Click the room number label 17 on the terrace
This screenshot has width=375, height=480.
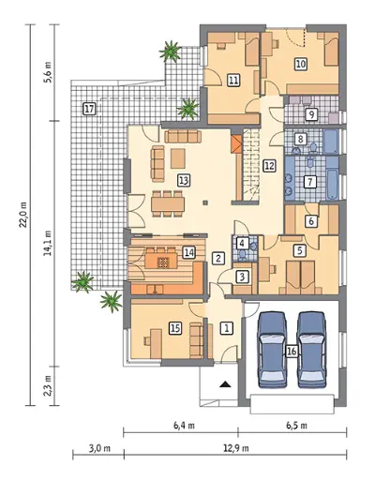click(x=89, y=109)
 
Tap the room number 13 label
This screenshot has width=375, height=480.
click(x=184, y=180)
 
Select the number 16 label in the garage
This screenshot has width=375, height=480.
click(x=292, y=351)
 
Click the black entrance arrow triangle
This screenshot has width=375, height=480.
click(x=225, y=384)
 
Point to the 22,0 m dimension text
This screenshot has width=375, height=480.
click(x=24, y=215)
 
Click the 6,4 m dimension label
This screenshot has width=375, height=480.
click(x=185, y=426)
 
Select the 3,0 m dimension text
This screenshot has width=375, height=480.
click(x=99, y=448)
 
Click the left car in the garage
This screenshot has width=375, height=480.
click(x=272, y=350)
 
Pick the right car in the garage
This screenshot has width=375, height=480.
click(x=312, y=350)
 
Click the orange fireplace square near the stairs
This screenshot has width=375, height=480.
click(x=237, y=144)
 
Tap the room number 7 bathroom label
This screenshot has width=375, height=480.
click(x=310, y=181)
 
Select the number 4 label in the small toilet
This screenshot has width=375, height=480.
click(x=243, y=243)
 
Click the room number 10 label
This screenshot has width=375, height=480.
click(x=301, y=64)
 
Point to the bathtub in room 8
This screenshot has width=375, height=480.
click(x=331, y=142)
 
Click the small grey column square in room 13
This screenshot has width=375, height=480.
click(x=205, y=202)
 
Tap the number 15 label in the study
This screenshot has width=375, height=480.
click(x=175, y=328)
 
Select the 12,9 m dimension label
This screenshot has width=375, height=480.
click(x=236, y=448)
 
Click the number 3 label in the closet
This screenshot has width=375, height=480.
click(x=243, y=277)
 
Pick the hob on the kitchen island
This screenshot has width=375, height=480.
click(x=162, y=262)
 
